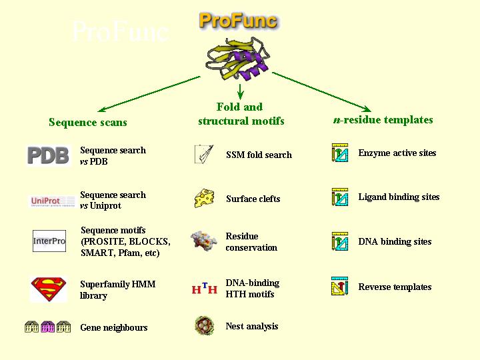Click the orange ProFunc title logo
click(x=238, y=21)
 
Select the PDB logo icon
click(x=48, y=155)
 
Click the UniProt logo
click(x=48, y=201)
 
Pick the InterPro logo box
click(x=49, y=241)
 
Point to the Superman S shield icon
click(x=48, y=289)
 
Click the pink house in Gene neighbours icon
click(x=48, y=327)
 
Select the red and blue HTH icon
click(x=204, y=289)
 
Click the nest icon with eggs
click(x=204, y=326)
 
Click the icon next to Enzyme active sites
click(x=340, y=153)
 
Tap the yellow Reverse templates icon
click(x=340, y=287)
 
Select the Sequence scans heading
click(x=87, y=123)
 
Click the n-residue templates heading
click(x=383, y=120)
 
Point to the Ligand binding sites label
click(x=399, y=197)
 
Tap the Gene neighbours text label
click(x=113, y=327)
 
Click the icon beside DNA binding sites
click(x=340, y=241)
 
